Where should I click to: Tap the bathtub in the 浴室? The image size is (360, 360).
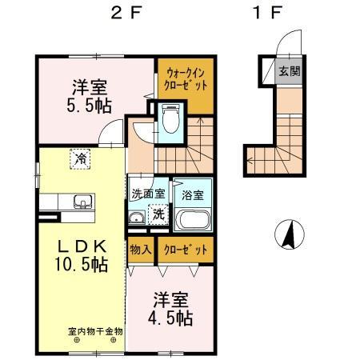pos(192,220)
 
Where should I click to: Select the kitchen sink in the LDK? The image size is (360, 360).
pos(83,202)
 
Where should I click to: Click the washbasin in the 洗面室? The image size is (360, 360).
pos(137,218)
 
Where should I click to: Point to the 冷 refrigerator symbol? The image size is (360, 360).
pos(80,159)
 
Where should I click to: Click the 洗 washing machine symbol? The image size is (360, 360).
pos(159,214)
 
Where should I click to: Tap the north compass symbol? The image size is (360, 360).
pos(290,234)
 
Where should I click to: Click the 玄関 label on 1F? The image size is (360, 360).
pos(290,71)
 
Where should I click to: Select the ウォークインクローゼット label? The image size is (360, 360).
pos(186,78)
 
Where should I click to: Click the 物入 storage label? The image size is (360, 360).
pos(141,250)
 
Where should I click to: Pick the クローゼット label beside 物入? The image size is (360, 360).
pos(186,250)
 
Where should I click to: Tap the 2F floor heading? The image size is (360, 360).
pos(125,14)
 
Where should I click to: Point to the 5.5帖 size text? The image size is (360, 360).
pos(89,106)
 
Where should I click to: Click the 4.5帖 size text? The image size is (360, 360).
pos(170,318)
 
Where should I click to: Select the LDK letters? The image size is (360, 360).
pos(82,246)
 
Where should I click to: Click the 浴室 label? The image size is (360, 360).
pos(193,195)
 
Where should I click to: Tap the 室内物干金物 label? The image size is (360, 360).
pos(95,331)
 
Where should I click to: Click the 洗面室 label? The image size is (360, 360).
pos(149,194)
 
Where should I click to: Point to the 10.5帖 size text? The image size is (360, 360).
pos(82,264)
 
